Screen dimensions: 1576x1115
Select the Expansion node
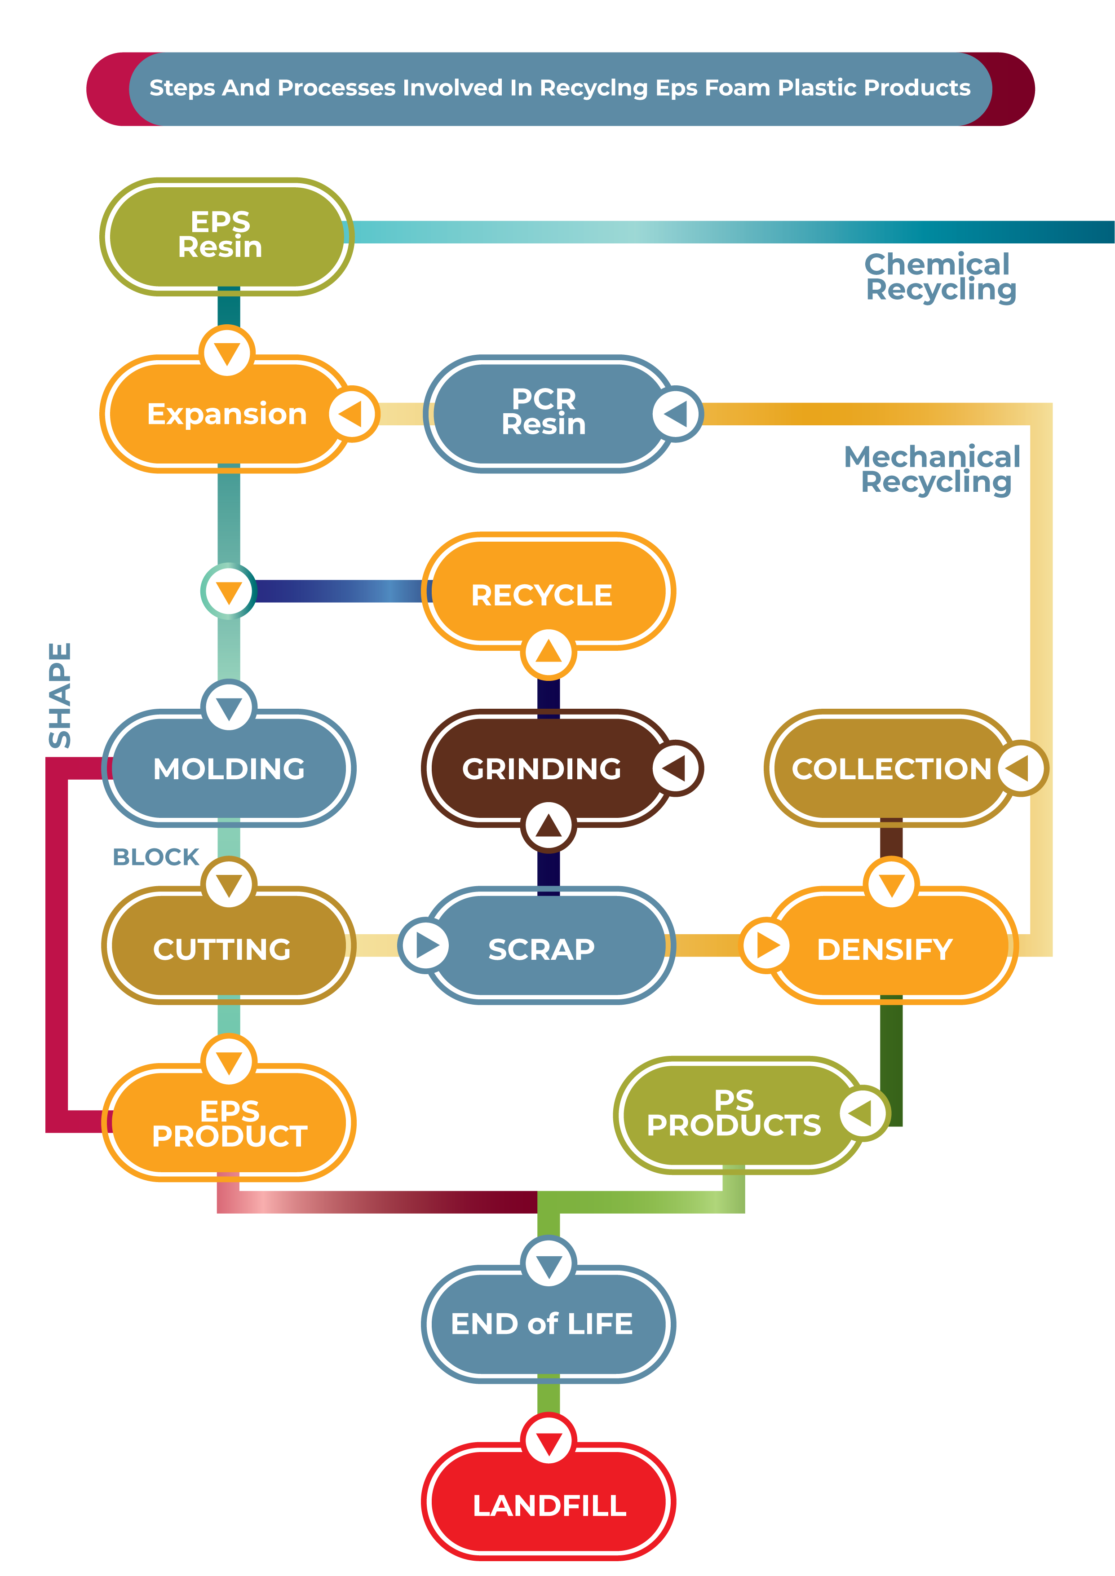226,414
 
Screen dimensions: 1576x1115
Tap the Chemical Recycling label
939,277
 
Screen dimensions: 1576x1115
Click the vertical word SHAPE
60,695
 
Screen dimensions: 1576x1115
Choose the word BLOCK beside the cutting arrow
156,856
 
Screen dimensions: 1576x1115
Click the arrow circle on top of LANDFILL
549,1439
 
